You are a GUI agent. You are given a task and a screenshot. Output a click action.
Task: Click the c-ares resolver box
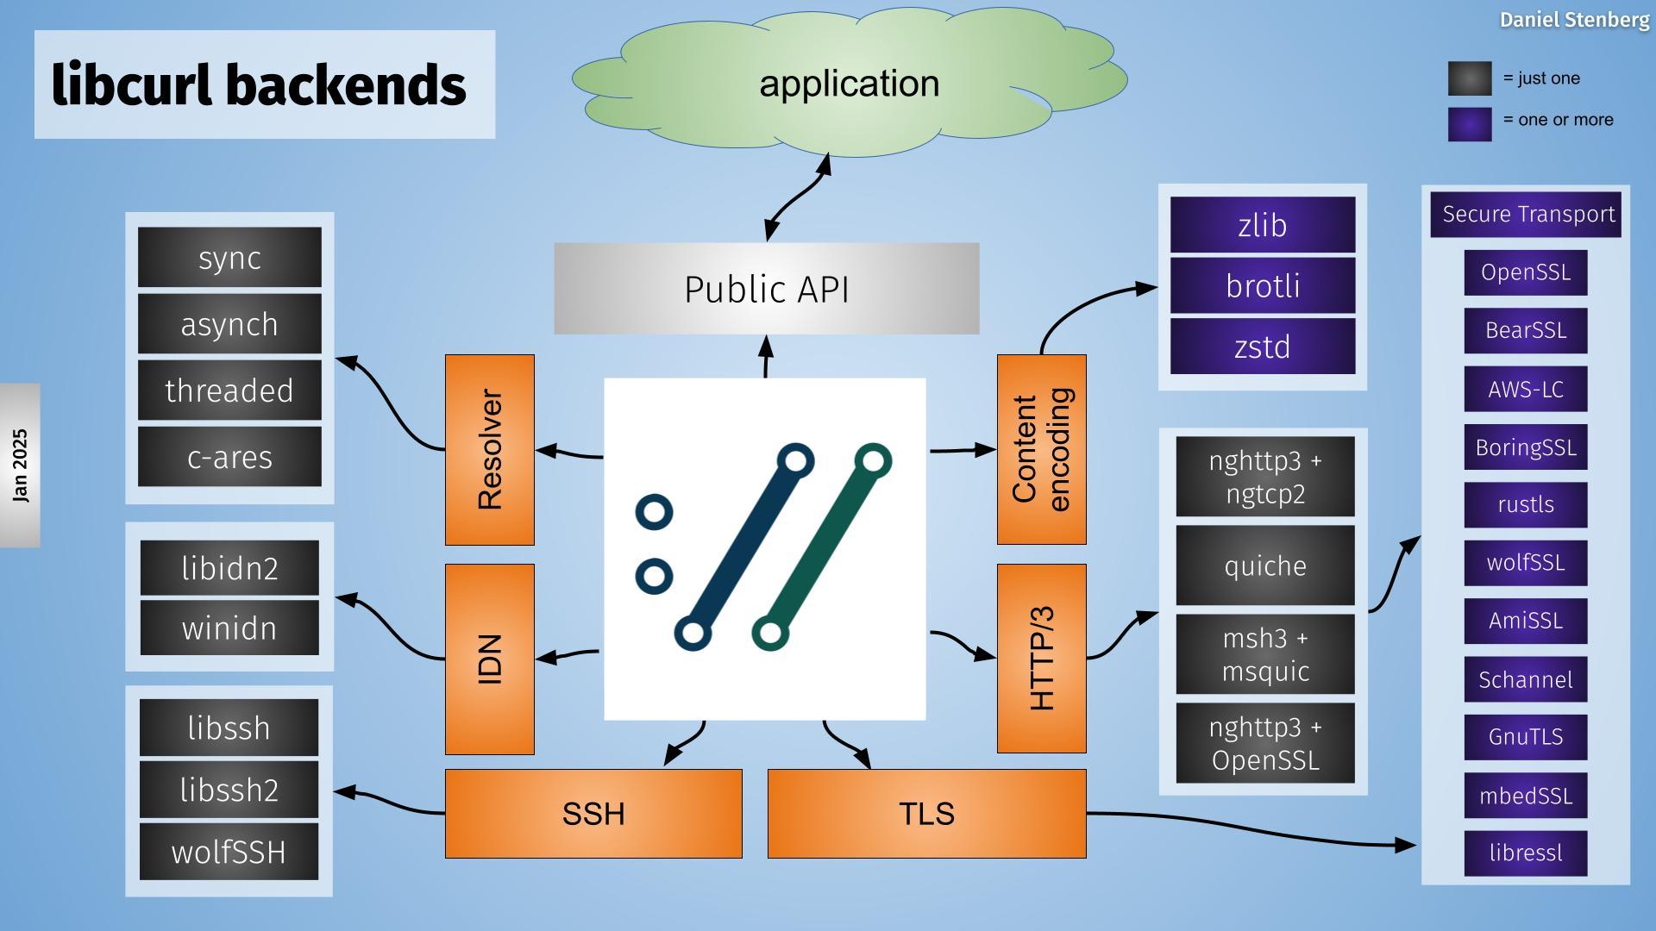tap(229, 457)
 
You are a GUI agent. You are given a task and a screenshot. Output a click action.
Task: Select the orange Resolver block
tap(489, 449)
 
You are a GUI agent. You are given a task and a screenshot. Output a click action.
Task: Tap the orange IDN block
tap(489, 659)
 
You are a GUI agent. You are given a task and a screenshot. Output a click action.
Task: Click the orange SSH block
tap(593, 814)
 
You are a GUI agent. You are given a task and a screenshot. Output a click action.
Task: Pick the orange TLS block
tap(926, 814)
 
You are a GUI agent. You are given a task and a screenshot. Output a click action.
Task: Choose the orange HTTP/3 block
tap(1041, 659)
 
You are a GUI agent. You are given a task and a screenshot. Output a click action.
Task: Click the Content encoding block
tap(1041, 449)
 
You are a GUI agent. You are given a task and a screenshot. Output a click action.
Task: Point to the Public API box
tap(766, 289)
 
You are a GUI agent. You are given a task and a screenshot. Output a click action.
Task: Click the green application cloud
tap(850, 84)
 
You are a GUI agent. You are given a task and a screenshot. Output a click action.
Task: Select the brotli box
tap(1263, 286)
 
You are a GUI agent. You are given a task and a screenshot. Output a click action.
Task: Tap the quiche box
tap(1265, 565)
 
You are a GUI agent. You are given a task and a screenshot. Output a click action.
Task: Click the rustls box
tap(1526, 505)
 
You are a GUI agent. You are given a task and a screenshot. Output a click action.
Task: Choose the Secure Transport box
tap(1526, 215)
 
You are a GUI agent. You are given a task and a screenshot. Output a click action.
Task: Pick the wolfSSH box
tap(229, 852)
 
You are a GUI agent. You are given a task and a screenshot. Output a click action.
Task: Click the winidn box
tap(229, 628)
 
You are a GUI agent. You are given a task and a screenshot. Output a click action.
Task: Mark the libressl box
tap(1526, 853)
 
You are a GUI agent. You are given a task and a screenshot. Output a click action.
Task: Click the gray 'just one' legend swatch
tap(1470, 78)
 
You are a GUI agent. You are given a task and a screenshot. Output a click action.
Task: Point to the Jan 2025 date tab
tap(20, 465)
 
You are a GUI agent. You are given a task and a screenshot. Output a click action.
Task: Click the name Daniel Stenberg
tap(1574, 20)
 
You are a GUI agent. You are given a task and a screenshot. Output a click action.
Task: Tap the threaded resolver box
tap(229, 391)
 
